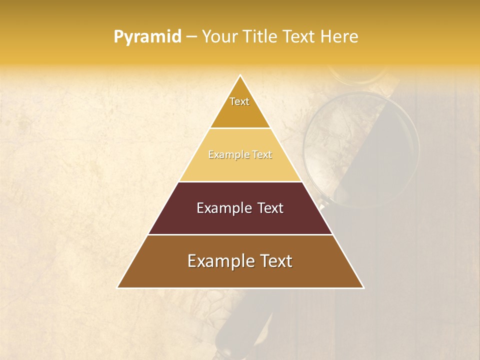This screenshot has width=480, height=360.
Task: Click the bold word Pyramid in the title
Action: (147, 37)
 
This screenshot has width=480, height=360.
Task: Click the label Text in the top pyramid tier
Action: (239, 101)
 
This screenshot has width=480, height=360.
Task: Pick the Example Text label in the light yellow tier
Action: (240, 155)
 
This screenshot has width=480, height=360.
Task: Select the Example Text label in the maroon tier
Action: (240, 208)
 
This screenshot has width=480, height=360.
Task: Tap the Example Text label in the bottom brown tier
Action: (240, 261)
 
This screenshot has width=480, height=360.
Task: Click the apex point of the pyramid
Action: (240, 76)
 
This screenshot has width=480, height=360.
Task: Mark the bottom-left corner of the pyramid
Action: (118, 287)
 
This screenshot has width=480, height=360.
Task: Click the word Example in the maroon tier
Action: (222, 208)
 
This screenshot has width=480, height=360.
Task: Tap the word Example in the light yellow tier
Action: (228, 155)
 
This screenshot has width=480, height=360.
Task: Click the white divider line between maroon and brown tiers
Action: (240, 234)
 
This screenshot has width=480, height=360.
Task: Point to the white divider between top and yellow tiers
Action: (240, 128)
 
